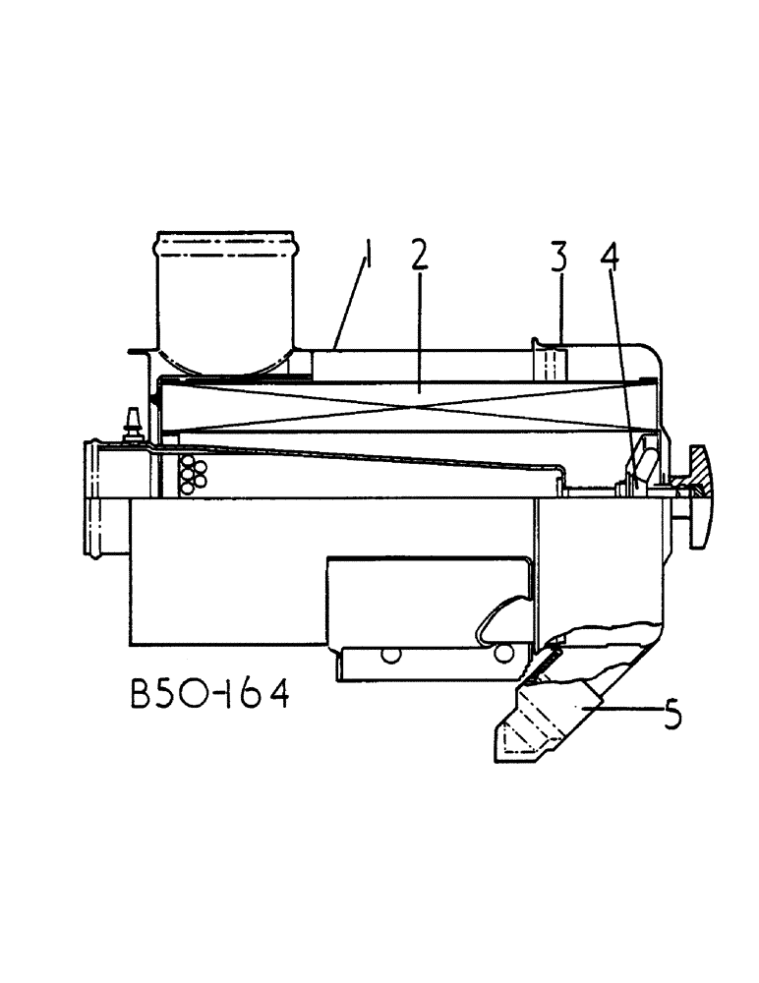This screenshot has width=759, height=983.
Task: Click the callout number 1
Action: pyautogui.click(x=368, y=258)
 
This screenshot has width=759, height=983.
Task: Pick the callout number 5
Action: pyautogui.click(x=672, y=713)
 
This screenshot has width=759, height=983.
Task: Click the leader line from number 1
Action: pyautogui.click(x=352, y=300)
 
